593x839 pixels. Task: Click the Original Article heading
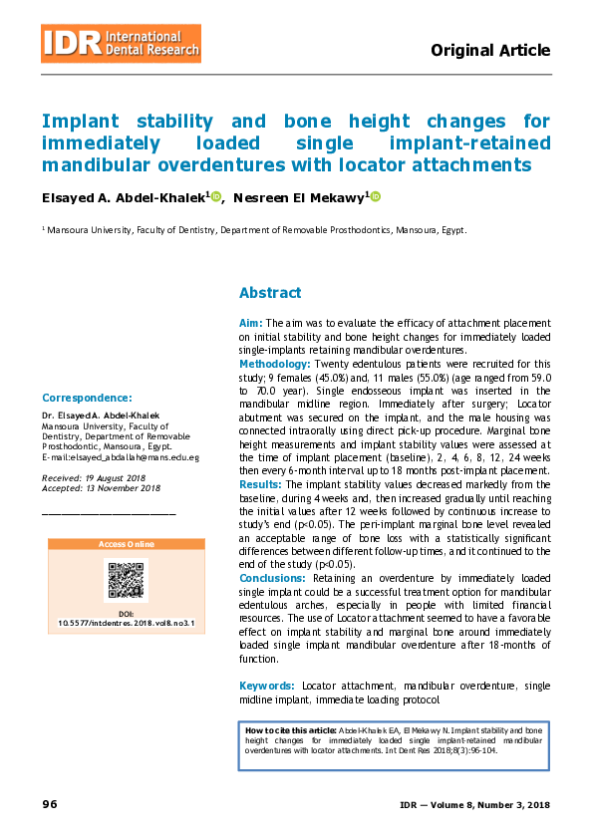pyautogui.click(x=489, y=50)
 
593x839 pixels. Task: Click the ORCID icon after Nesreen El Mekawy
pyautogui.click(x=376, y=197)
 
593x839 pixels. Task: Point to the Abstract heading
pyautogui.click(x=269, y=293)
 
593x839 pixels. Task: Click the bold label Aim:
pyautogui.click(x=250, y=325)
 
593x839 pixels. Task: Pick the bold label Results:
pyautogui.click(x=260, y=483)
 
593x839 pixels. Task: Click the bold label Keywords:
pyautogui.click(x=266, y=686)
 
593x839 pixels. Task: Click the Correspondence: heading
pyautogui.click(x=87, y=397)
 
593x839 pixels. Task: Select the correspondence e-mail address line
pyautogui.click(x=121, y=457)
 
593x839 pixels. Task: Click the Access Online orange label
pyautogui.click(x=126, y=544)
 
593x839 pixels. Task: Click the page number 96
pyautogui.click(x=50, y=804)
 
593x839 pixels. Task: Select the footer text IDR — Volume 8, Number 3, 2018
pyautogui.click(x=474, y=804)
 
